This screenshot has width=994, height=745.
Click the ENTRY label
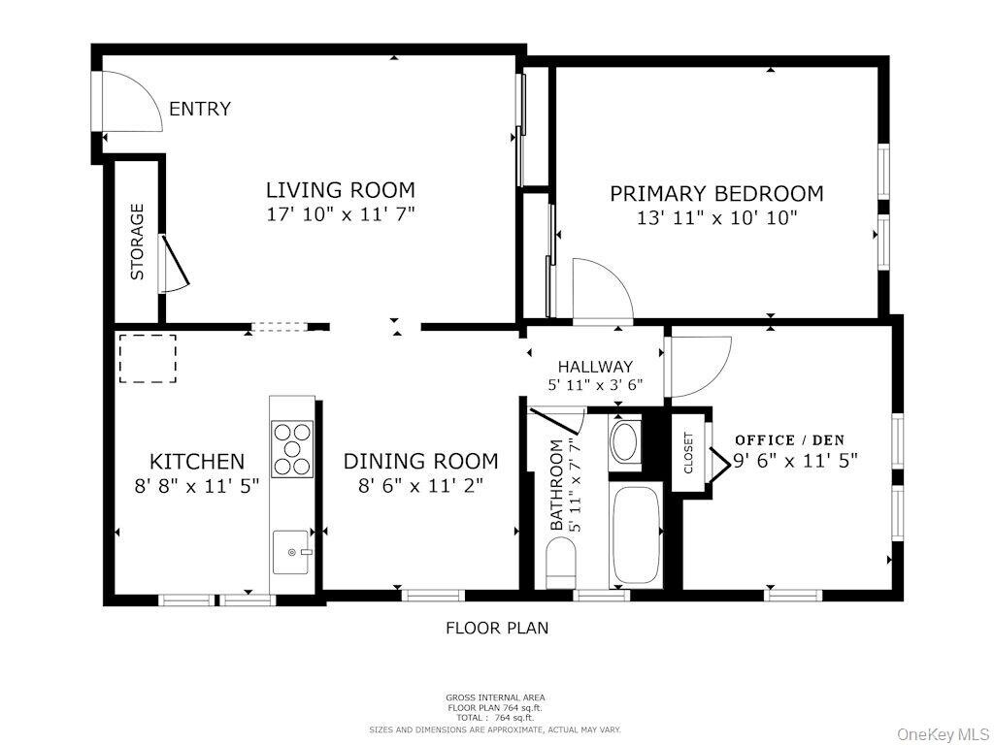pos(200,109)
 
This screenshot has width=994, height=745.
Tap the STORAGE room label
pos(138,242)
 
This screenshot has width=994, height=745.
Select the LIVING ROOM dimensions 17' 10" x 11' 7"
pos(341,214)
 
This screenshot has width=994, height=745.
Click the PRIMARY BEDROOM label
pos(717,193)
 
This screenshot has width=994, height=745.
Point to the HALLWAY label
pos(595,367)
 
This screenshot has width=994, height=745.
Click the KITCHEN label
pos(197,461)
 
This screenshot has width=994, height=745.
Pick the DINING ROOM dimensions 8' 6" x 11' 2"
pos(420,486)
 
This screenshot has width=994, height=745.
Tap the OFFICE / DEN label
pos(790,440)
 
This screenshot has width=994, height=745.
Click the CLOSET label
pos(688,453)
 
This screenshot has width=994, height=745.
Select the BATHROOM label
pos(556,485)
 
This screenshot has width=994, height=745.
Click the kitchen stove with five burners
pos(292,449)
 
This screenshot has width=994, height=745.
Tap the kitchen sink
pos(291,552)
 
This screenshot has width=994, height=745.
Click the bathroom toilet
pos(560,563)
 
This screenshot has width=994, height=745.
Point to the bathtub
pos(635,534)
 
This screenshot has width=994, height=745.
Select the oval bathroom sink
pos(625,442)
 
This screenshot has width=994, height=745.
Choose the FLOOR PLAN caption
pos(497,628)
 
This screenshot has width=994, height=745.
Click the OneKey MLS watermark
pos(944,734)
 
